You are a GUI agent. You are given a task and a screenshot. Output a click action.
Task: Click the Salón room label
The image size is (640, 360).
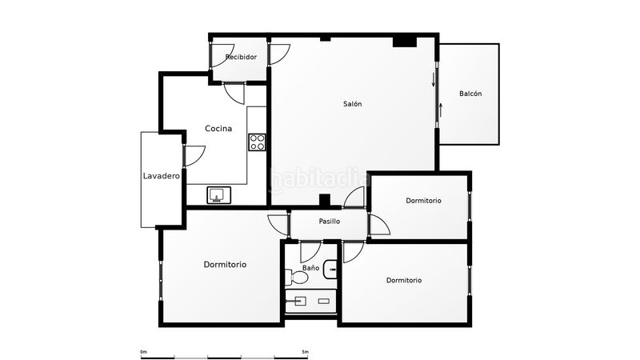click(x=352, y=104)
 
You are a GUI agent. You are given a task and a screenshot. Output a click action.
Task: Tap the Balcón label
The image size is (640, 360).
click(x=470, y=94)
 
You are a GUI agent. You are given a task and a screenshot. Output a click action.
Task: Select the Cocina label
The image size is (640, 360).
click(x=218, y=129)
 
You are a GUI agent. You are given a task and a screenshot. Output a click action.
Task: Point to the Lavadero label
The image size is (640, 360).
click(x=162, y=176)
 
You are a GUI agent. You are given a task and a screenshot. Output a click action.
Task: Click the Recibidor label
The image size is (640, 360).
click(x=241, y=57)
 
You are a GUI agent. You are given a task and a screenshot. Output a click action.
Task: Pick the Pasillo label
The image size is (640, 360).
click(x=329, y=222)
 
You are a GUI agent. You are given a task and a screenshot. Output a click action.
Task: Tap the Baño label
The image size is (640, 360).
click(x=310, y=268)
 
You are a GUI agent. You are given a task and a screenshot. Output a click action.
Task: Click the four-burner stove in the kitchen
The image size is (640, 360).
click(x=257, y=142)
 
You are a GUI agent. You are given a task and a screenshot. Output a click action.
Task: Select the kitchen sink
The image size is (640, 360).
click(x=218, y=195)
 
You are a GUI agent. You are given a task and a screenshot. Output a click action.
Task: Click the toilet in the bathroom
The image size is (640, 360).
click(x=296, y=278)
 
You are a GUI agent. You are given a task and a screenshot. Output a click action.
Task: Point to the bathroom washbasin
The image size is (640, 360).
click(x=330, y=270)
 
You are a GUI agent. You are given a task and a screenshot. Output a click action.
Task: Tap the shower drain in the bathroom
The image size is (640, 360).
click(x=324, y=302)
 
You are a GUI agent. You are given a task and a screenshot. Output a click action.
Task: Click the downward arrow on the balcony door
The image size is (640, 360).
click(x=434, y=80)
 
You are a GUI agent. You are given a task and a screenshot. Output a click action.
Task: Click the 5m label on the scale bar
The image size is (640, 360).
click(x=305, y=352)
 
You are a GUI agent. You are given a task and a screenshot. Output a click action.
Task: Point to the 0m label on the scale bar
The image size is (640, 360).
click(x=143, y=352)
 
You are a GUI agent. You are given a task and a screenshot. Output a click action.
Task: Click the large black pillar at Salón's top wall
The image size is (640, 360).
click(x=405, y=42)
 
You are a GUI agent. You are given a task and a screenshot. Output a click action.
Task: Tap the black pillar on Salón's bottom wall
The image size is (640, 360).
click(x=325, y=200)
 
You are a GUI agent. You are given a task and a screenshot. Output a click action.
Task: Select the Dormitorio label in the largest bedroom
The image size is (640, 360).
click(x=225, y=265)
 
